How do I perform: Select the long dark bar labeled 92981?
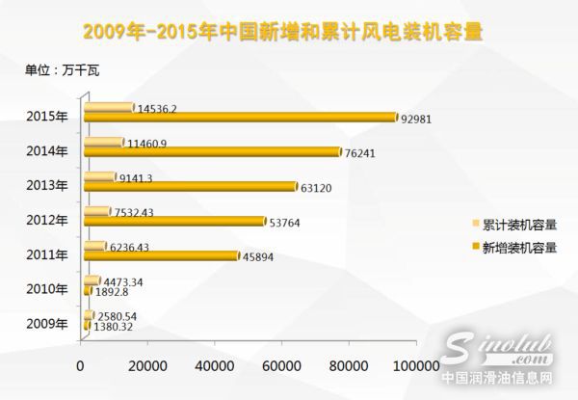point(241,117)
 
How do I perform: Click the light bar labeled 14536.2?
point(109,107)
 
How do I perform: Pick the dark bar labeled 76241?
point(213,151)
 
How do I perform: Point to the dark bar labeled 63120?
point(191,186)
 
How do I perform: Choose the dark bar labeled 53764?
point(174,221)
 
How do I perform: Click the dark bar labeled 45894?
point(162,255)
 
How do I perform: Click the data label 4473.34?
point(123,281)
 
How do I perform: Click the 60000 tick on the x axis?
point(279,366)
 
